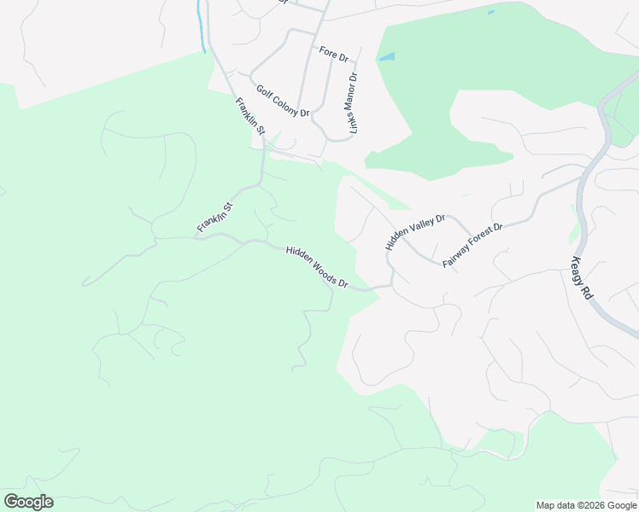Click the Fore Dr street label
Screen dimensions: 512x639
point(334,53)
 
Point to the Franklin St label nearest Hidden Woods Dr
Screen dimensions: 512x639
point(214,218)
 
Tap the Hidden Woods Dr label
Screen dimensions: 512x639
point(318,266)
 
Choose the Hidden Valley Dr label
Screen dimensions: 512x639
point(416,232)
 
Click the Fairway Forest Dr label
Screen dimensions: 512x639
point(473,246)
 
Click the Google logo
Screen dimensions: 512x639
point(28,502)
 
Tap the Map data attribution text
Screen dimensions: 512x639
point(587,505)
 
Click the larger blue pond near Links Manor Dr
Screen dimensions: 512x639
point(387,58)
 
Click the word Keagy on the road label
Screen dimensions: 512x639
point(578,268)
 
